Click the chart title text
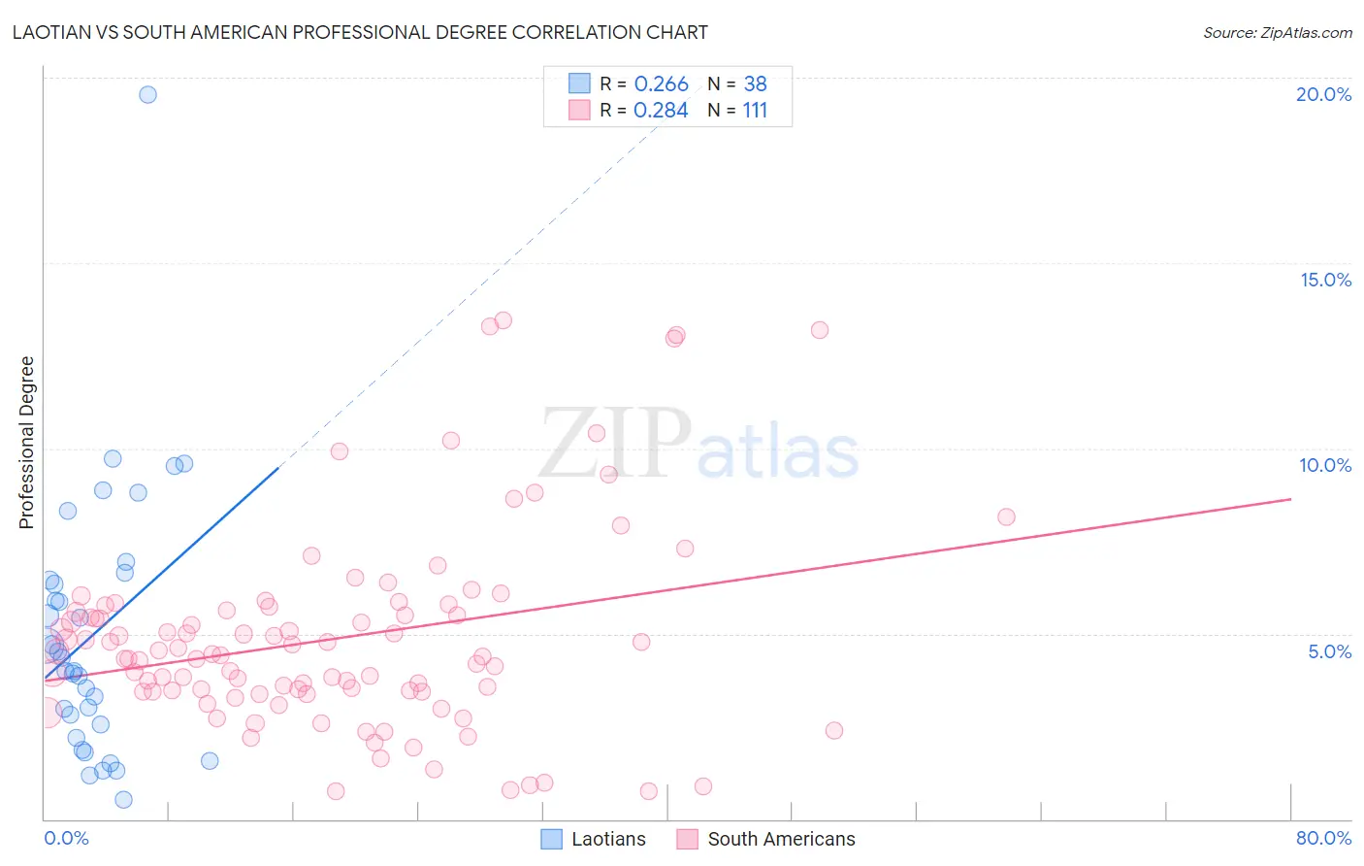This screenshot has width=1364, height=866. coord(360,32)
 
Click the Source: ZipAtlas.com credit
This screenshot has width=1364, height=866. coord(1277,32)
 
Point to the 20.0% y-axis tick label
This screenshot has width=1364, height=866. coord(1323,94)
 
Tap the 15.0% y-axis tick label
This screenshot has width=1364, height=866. coord(1325,280)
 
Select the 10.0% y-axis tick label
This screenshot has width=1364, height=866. coord(1325,465)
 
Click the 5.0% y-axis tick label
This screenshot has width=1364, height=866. coord(1329,651)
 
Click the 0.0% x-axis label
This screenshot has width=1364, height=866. coord(66,838)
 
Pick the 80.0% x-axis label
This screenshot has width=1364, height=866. coord(1323,838)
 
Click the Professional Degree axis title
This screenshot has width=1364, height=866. coord(26,443)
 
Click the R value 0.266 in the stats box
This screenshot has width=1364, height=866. coord(661,84)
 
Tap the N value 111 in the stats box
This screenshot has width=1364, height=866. coord(755,111)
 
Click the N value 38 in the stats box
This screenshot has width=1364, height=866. coord(755,84)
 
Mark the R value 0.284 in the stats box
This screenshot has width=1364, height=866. coord(661,111)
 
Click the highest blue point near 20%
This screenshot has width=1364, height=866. coord(147,94)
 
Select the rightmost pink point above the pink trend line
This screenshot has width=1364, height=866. coord(1006,516)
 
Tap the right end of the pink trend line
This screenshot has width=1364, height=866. coord(1290,499)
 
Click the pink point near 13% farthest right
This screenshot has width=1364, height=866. coord(820,330)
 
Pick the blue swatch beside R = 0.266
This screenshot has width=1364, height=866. coord(579,83)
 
